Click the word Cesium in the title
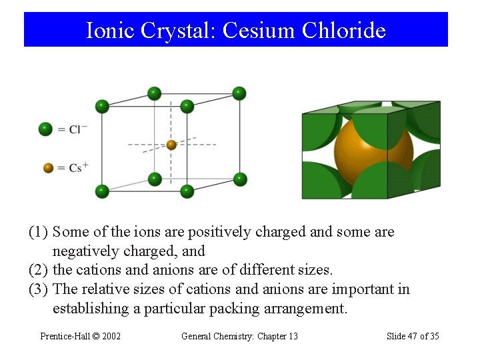point(259,30)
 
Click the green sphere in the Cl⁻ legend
point(45,129)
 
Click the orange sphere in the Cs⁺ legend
point(48,168)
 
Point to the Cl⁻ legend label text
point(78,129)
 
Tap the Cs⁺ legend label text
point(79,168)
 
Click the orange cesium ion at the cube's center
point(171,145)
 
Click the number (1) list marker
point(38,232)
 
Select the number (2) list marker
point(38,270)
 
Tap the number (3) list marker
point(38,289)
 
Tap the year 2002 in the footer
point(109,336)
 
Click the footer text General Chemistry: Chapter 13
point(239,336)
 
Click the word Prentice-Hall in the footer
point(63,336)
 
